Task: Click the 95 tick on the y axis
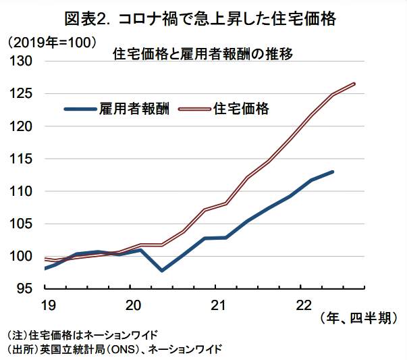click(x=26, y=288)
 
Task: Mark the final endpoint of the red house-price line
click(x=354, y=84)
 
